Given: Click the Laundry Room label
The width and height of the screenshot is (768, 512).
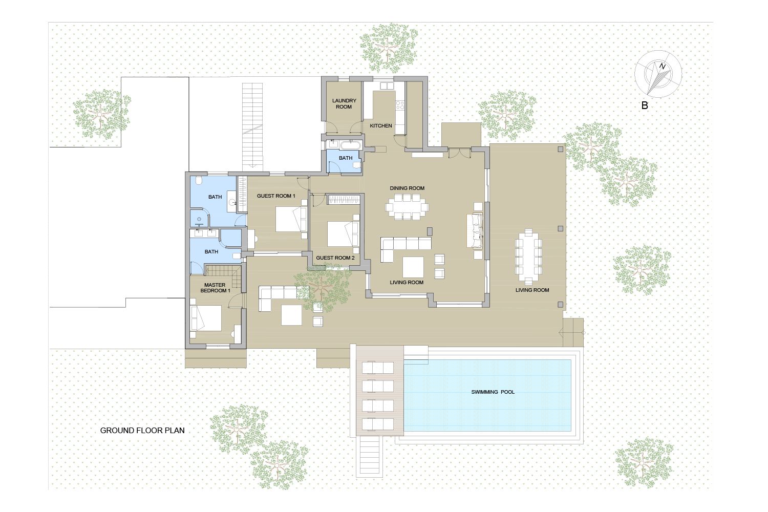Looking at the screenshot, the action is click(x=344, y=103).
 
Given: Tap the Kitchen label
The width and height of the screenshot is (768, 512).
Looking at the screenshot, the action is click(x=381, y=126).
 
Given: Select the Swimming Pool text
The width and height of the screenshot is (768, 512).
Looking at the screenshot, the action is click(x=493, y=392).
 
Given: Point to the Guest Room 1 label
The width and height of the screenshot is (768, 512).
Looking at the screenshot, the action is click(x=276, y=196).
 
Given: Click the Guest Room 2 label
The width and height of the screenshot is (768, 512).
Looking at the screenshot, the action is click(x=335, y=258).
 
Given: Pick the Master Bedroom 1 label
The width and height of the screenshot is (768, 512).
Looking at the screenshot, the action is click(x=215, y=288).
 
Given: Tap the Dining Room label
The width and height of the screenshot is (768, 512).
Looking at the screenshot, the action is click(x=407, y=188).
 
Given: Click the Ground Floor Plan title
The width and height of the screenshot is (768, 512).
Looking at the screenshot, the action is click(x=142, y=431).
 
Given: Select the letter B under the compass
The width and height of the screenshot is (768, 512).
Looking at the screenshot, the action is click(x=645, y=105).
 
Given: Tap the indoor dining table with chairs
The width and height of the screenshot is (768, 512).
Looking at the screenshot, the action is click(x=407, y=207).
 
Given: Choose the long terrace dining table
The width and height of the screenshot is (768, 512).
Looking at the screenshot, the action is click(x=528, y=257).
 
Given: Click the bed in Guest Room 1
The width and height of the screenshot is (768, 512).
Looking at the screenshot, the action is click(x=291, y=220).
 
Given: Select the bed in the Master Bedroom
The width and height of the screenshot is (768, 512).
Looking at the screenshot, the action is click(x=206, y=318).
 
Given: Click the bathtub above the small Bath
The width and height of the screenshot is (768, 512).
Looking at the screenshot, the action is click(x=350, y=144).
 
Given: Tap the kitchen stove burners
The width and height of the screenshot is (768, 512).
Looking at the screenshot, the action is click(x=400, y=104).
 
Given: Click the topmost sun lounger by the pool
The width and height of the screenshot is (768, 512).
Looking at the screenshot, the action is click(x=378, y=368).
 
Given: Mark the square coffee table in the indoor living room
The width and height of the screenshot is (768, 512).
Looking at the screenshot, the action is click(x=413, y=267).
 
